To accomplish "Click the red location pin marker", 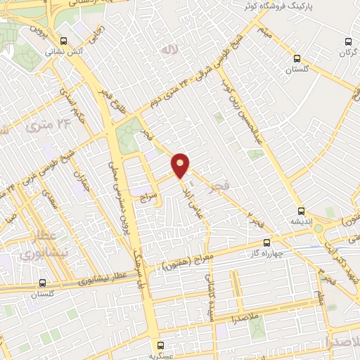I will (x=181, y=165).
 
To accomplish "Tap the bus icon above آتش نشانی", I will (x=64, y=41).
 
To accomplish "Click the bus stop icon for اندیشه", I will (x=301, y=210).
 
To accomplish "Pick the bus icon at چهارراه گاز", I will (x=265, y=243).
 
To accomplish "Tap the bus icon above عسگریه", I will (x=161, y=345).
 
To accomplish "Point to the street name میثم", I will (x=264, y=30).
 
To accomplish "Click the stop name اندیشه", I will (x=301, y=220).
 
